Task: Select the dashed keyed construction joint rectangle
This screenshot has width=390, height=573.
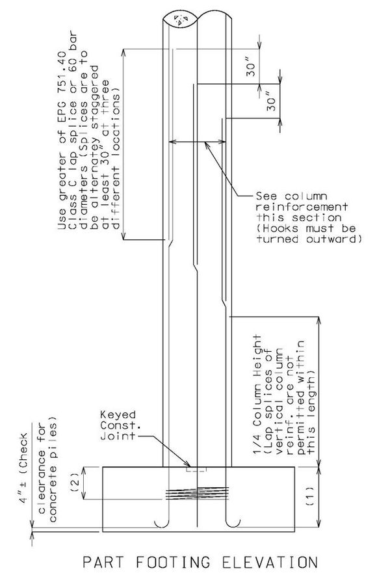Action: point(196,469)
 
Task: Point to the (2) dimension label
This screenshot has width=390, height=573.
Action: point(75,483)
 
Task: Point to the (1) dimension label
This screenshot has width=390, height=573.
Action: point(309,495)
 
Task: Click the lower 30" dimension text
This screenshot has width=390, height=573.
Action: point(271,103)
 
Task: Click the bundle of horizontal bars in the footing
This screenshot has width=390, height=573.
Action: point(197,493)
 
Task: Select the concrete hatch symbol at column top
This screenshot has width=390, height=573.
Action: point(181,19)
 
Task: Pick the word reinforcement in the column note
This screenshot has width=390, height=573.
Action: point(302,207)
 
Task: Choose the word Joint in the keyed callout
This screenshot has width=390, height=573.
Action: point(118,436)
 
